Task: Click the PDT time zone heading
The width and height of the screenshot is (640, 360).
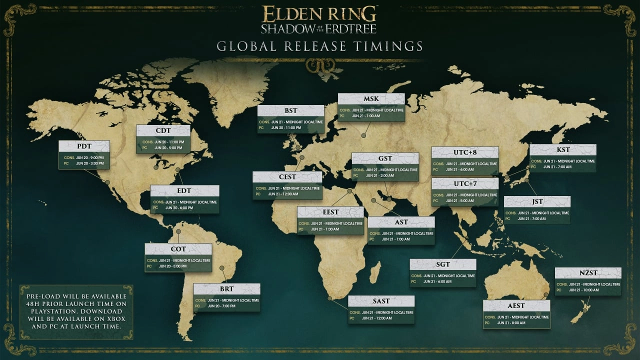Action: (x=83, y=146)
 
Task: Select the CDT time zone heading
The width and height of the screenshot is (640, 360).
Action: (x=163, y=130)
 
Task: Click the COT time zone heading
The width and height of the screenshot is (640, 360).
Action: (x=178, y=249)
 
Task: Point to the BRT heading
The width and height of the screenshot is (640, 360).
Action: (x=226, y=289)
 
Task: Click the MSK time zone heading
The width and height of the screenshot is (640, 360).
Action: (x=371, y=99)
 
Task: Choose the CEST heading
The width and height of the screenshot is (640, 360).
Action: (x=287, y=177)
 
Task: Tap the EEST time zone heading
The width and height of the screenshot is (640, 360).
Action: (x=330, y=212)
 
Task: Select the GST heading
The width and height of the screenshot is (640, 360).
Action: (x=385, y=158)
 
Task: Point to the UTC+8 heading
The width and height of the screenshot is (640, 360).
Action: (x=465, y=152)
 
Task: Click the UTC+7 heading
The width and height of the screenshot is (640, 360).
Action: (x=465, y=184)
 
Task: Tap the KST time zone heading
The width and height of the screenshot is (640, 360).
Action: (x=563, y=149)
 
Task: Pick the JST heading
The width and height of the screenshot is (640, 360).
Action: (x=537, y=201)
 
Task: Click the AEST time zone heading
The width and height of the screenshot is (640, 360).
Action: (x=516, y=306)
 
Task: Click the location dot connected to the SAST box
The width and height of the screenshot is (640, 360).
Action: (x=330, y=298)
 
